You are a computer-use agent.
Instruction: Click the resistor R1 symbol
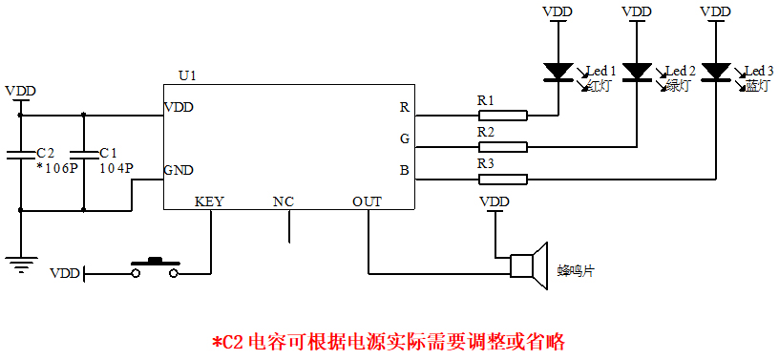[501, 116]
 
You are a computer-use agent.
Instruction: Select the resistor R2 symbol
[501, 147]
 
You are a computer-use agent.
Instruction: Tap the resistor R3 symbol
[501, 179]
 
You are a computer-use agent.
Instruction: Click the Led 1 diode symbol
[557, 73]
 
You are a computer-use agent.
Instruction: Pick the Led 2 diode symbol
[637, 73]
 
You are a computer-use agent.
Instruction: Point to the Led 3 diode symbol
[715, 73]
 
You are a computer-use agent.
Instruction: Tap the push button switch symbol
[154, 267]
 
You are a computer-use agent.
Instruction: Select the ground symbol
[19, 264]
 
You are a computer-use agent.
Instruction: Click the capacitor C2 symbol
[19, 157]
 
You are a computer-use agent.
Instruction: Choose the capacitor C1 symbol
[84, 157]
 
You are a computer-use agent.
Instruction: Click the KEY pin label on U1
[209, 201]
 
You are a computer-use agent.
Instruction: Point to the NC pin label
[284, 201]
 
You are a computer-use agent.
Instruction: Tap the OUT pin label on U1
[367, 201]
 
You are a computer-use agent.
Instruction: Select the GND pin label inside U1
[179, 171]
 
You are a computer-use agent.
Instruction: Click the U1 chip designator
[187, 74]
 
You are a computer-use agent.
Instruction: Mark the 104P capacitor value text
[116, 167]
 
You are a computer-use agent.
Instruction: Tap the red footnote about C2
[389, 341]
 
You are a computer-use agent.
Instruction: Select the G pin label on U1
[405, 139]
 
